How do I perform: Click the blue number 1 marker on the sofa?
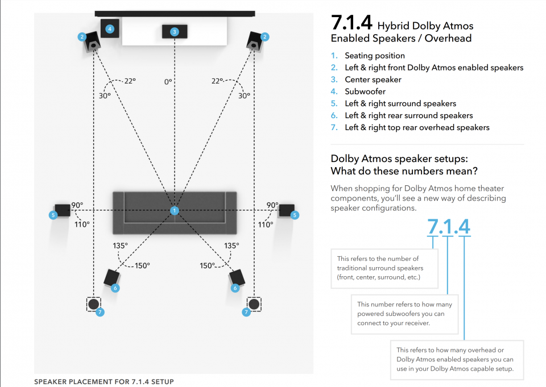(175, 211)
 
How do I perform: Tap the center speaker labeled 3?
(175, 32)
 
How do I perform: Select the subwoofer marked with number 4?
(110, 28)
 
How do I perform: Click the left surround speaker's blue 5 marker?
(53, 215)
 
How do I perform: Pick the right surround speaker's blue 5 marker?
(295, 215)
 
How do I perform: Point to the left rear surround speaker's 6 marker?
(115, 288)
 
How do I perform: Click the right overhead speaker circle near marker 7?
(254, 304)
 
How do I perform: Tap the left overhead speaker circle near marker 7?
(93, 304)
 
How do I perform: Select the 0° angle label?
(168, 82)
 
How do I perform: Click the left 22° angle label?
(130, 81)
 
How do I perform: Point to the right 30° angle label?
(244, 95)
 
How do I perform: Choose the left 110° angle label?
(82, 224)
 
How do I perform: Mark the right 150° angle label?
(207, 265)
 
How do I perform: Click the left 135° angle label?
(120, 245)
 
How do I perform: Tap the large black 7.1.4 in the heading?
(351, 23)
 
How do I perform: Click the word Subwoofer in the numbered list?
(365, 91)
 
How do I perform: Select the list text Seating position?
(375, 56)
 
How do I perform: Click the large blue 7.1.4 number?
(449, 227)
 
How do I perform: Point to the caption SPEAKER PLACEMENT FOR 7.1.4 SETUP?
(104, 382)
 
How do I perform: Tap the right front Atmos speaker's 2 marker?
(264, 37)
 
